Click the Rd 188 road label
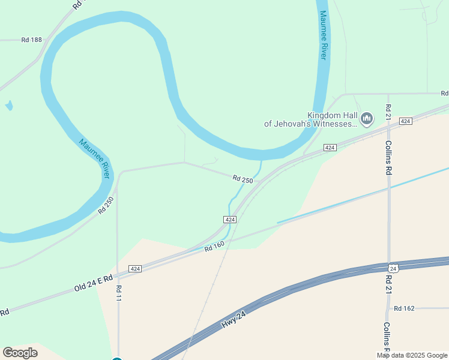[32, 40]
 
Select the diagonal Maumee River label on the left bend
[95, 158]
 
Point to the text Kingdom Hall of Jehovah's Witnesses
[311, 119]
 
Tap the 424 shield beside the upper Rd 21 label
[406, 121]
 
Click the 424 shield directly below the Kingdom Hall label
[330, 148]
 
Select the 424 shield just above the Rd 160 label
[230, 220]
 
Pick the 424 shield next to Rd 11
[135, 269]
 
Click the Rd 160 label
[214, 246]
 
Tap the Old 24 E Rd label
[94, 283]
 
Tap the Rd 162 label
[404, 308]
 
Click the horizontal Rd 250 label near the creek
[243, 179]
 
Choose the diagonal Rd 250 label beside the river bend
[106, 205]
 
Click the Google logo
[20, 353]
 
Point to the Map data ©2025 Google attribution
[412, 355]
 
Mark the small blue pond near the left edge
[8, 106]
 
